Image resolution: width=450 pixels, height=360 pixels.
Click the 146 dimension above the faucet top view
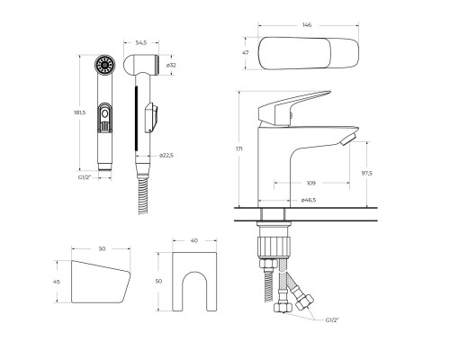click(x=307, y=25)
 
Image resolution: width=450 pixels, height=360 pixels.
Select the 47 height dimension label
click(x=246, y=53)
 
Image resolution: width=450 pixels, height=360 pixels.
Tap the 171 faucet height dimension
click(x=239, y=148)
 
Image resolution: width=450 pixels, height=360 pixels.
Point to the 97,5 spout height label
click(x=366, y=173)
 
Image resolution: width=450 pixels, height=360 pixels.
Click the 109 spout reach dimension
click(x=311, y=183)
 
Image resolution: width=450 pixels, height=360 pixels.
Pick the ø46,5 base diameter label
click(x=309, y=200)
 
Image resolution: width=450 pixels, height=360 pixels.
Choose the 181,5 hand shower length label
click(x=80, y=112)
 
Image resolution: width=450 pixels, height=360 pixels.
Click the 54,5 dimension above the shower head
click(x=141, y=42)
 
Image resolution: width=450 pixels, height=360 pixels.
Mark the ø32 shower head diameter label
click(x=170, y=65)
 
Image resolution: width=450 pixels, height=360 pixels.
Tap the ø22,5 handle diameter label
click(x=166, y=155)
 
